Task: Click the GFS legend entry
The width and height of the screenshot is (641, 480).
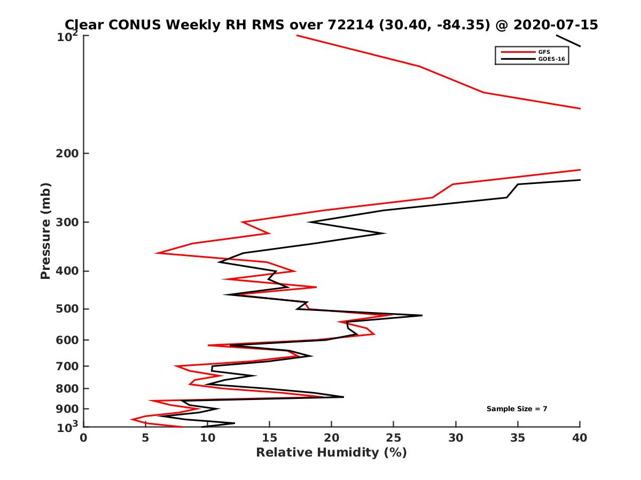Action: tap(545, 52)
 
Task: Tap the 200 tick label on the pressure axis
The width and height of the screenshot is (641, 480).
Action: tap(68, 154)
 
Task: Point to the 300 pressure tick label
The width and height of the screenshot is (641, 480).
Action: tap(68, 222)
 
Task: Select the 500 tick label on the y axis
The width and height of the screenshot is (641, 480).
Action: tap(68, 309)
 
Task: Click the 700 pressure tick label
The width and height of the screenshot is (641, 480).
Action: tap(68, 366)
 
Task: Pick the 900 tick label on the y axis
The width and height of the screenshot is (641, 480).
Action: tap(68, 409)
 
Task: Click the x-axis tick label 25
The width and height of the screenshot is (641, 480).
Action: tap(394, 438)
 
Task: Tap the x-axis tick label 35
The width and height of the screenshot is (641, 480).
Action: tap(518, 438)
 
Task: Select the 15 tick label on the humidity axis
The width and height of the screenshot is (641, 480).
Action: tap(270, 438)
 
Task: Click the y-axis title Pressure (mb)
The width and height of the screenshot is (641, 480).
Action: tap(45, 231)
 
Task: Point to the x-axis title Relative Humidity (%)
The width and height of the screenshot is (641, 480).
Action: tap(331, 453)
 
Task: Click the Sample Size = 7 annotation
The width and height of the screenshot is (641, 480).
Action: tap(517, 409)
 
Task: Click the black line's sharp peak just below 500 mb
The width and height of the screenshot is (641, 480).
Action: tap(421, 316)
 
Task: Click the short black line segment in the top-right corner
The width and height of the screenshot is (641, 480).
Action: tap(568, 41)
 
